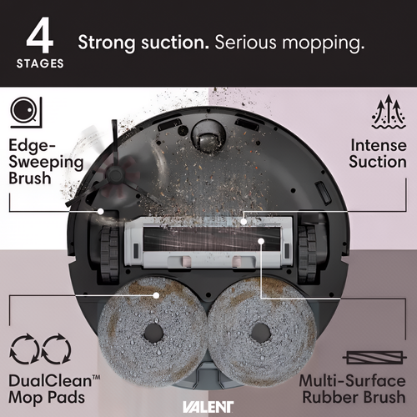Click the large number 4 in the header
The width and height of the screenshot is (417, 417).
(40, 35)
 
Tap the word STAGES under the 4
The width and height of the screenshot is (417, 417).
(40, 63)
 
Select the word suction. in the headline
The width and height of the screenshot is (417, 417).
(175, 43)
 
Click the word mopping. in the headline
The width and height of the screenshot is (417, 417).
(324, 43)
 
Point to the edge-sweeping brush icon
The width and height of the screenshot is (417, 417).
(26, 113)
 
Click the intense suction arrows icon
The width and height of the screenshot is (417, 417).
(389, 112)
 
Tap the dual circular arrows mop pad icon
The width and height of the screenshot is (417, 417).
(40, 349)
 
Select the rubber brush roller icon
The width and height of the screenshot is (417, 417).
(374, 358)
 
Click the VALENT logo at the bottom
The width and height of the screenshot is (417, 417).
(208, 407)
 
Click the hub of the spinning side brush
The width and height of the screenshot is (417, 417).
(114, 173)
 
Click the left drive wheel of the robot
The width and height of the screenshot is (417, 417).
(109, 252)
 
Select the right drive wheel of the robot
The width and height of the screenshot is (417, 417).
(307, 252)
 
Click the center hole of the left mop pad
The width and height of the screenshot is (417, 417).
(153, 333)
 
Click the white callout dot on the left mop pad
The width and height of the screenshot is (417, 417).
(156, 295)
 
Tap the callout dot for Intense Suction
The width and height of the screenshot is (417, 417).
(244, 222)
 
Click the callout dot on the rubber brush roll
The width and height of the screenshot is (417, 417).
(261, 241)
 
